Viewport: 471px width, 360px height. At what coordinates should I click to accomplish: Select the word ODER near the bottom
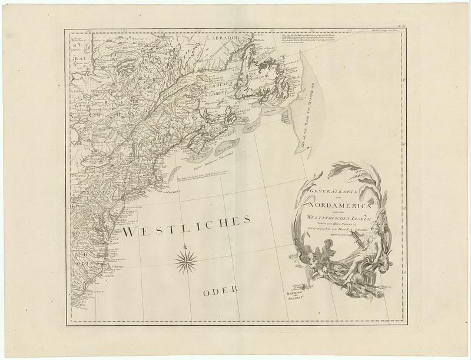218,289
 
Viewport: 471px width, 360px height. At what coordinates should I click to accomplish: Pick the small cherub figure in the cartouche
321,249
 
